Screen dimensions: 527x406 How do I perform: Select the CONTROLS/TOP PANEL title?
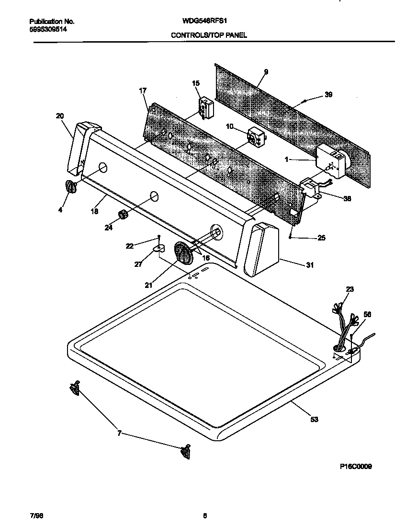(209, 35)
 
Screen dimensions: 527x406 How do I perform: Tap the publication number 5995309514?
(48, 29)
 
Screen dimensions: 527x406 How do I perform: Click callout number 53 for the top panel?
(314, 420)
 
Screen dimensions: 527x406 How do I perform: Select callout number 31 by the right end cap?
(310, 265)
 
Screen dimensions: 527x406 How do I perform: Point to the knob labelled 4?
(71, 187)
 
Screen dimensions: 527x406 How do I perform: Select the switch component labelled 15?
(206, 107)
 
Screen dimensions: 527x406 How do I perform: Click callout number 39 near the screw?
(328, 95)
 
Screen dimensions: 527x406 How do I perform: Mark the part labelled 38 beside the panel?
(310, 188)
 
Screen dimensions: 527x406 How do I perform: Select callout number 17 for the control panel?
(142, 91)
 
